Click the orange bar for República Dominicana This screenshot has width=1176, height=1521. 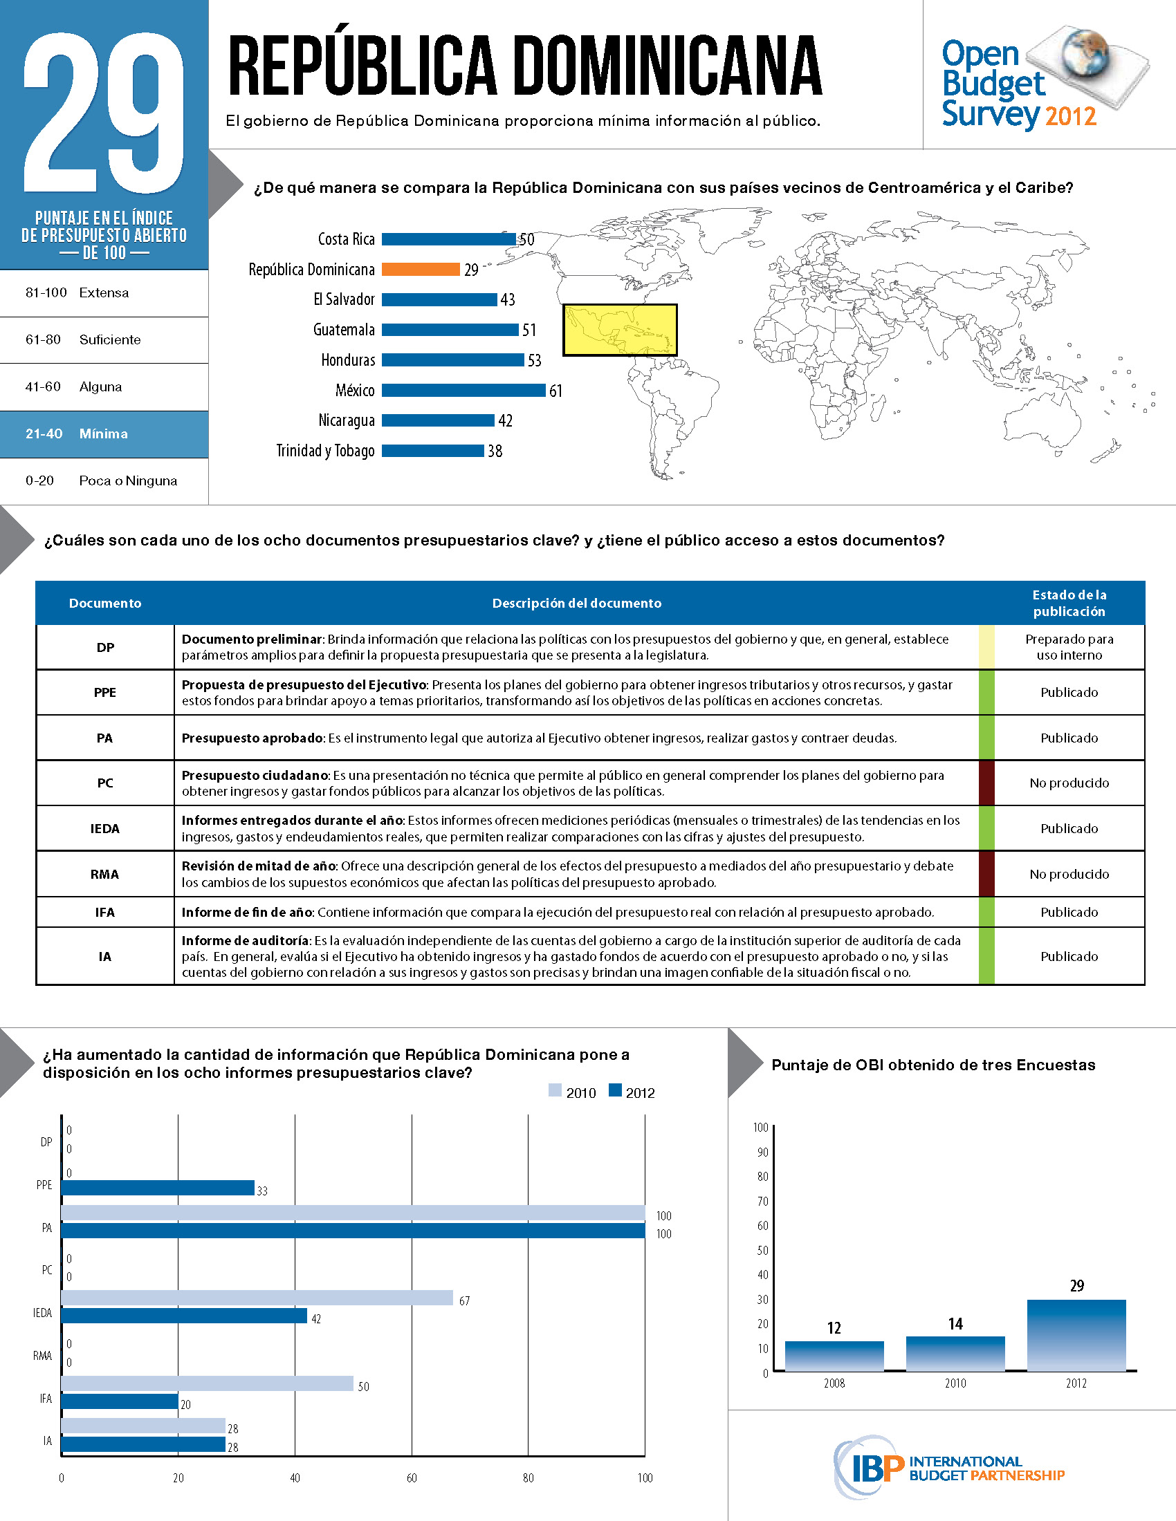(420, 270)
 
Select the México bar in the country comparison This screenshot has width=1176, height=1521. (463, 391)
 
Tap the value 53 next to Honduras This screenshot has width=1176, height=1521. (534, 361)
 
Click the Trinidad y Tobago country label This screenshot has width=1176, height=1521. (325, 451)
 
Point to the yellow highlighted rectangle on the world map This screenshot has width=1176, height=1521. (619, 330)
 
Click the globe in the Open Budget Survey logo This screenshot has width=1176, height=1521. (1085, 52)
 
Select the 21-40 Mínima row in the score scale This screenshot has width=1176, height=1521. (104, 434)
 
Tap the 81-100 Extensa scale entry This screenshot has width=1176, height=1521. (104, 293)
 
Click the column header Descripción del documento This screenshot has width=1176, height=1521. (576, 603)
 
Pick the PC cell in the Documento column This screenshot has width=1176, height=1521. (104, 783)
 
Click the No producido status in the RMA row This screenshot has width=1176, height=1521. (1069, 874)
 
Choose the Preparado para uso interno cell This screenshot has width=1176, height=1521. (1069, 647)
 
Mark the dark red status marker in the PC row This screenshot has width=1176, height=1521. (986, 783)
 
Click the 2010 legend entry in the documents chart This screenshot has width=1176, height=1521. (573, 1092)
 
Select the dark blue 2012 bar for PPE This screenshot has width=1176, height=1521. (158, 1188)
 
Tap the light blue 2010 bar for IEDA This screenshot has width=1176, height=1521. (257, 1298)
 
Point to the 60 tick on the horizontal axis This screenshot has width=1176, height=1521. (412, 1478)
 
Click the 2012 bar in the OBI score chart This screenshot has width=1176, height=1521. (1076, 1334)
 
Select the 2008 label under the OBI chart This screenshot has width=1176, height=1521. (834, 1383)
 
